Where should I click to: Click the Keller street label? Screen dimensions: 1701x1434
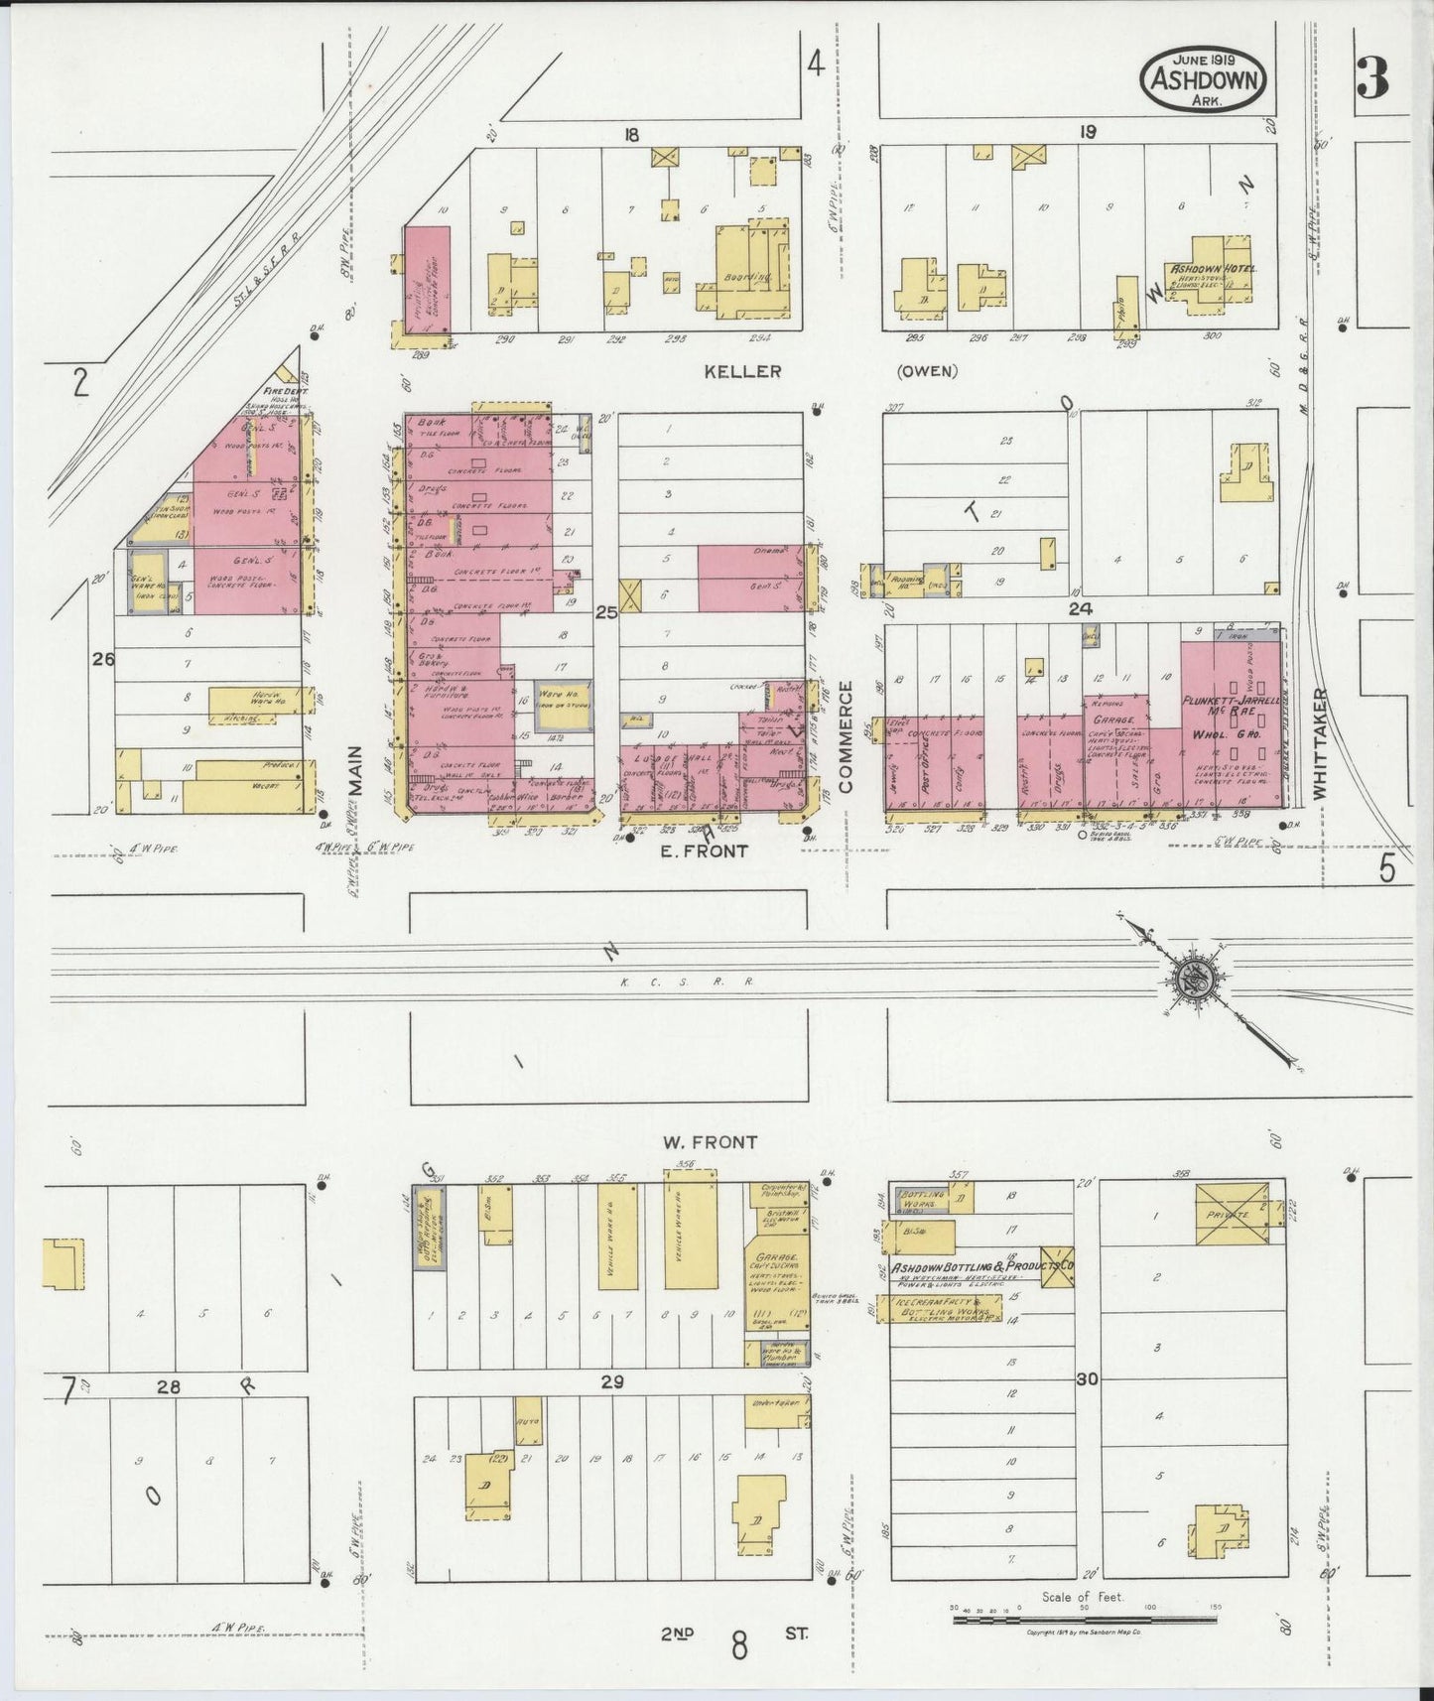pyautogui.click(x=742, y=372)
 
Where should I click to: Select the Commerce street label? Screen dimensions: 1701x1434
pyautogui.click(x=847, y=735)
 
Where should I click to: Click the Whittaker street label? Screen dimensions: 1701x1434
pyautogui.click(x=1319, y=743)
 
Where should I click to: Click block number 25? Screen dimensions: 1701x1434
pyautogui.click(x=605, y=612)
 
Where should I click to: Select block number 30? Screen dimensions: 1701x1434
pyautogui.click(x=1087, y=1378)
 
